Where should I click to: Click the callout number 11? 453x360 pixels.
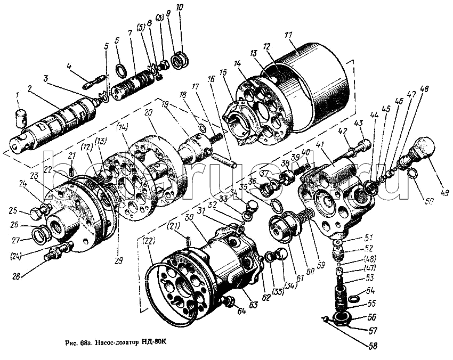[x=289, y=35]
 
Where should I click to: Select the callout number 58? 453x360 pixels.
[x=372, y=346]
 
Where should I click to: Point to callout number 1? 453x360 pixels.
[x=17, y=95]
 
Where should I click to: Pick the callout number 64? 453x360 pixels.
[x=242, y=312]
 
